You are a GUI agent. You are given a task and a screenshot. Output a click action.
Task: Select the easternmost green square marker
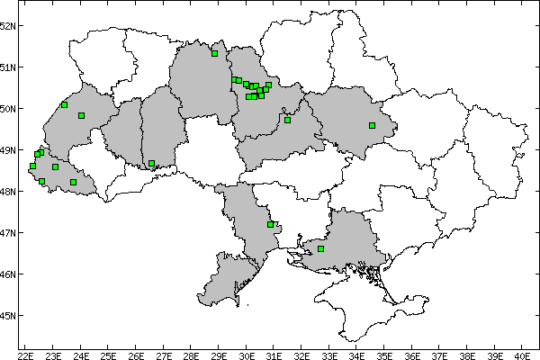[x=372, y=126]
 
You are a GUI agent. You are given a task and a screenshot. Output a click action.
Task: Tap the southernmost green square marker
[x=321, y=248]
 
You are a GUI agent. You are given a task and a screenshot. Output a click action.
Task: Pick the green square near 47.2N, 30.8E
[x=270, y=224]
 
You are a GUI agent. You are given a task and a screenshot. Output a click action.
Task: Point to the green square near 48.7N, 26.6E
[x=152, y=164]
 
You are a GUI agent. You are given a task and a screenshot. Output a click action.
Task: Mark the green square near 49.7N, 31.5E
[x=288, y=120]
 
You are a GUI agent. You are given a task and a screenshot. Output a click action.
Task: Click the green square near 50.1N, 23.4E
[x=64, y=104]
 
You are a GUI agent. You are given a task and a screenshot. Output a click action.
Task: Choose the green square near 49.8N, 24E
[x=81, y=115]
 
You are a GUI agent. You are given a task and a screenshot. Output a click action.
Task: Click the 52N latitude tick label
[x=8, y=25]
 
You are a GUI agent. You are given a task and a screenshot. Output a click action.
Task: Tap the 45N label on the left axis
[x=8, y=316]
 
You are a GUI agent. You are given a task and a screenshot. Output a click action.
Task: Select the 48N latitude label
[x=8, y=192]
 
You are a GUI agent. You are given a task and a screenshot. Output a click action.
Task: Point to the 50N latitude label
[x=8, y=109]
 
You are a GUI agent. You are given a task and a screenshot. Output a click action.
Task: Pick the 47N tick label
[x=8, y=233]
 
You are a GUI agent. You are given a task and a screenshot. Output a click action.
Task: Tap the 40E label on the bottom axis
[x=521, y=354]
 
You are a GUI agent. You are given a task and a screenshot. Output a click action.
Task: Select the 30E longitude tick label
[x=246, y=354]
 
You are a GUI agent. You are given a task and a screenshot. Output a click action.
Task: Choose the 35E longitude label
[x=383, y=354]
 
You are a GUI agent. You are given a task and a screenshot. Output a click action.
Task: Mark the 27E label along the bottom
[x=163, y=354]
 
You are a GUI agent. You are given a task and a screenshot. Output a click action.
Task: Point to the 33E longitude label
[x=328, y=354]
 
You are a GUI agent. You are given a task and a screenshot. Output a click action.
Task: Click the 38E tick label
[x=466, y=354]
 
